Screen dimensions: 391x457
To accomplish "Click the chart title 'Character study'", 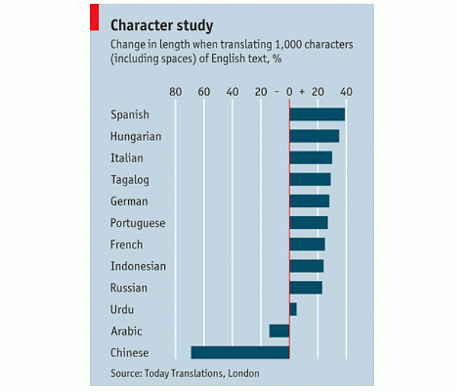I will (161, 26).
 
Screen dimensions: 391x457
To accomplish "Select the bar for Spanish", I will (317, 114).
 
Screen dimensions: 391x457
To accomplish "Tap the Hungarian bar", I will (314, 136).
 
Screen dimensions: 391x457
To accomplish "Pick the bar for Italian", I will (310, 158).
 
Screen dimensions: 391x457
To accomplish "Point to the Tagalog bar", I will (309, 179).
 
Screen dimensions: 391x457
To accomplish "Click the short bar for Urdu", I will (293, 309).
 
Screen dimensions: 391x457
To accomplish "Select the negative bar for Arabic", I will (279, 331).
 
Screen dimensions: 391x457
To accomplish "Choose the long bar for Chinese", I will (240, 353).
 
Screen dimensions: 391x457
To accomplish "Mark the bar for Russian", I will (306, 287).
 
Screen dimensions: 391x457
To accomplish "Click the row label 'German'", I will (129, 201).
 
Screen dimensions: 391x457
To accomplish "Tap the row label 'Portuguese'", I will (137, 223).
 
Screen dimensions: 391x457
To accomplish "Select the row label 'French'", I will (126, 245).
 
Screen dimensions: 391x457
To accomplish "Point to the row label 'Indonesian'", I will (138, 266).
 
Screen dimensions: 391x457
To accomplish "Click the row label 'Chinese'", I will (129, 353).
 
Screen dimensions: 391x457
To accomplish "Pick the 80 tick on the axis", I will (175, 92).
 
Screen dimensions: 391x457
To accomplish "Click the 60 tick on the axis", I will (204, 92).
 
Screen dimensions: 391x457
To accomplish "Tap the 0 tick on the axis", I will (289, 92).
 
